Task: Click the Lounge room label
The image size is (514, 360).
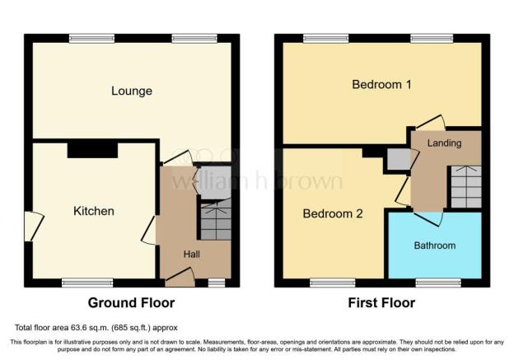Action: coord(132,91)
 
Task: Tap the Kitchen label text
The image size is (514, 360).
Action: coord(94,211)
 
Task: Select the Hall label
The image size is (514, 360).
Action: coord(192,254)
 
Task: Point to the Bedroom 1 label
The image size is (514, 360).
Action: coord(381,85)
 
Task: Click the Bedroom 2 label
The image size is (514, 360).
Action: coord(333,213)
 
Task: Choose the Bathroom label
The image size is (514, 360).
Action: coord(435,245)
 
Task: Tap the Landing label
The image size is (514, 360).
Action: coord(444,143)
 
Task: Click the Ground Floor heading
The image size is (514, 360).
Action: coord(131,302)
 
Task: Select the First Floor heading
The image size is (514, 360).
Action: coord(381,302)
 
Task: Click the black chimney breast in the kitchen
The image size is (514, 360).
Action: coord(92,149)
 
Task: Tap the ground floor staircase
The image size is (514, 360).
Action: coord(216,221)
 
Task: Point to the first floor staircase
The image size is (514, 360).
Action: coord(466,186)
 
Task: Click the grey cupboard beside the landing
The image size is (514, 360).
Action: coord(399,160)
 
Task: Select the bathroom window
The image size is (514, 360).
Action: coord(438,283)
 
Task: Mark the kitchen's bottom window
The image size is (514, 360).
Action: coord(87,283)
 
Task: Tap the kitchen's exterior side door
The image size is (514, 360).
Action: coord(34,227)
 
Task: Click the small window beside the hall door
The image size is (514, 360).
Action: coord(217,283)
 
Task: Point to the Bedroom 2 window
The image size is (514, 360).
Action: coord(333,283)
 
